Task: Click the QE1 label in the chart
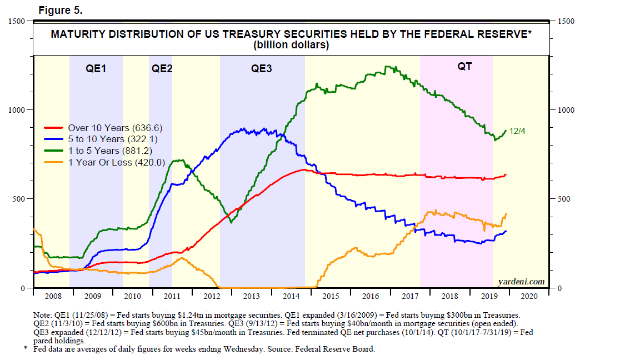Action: point(96,69)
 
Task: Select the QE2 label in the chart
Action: point(162,69)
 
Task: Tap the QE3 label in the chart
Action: point(262,69)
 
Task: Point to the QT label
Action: point(464,67)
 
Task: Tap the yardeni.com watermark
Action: point(521,282)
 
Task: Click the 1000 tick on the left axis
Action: point(18,110)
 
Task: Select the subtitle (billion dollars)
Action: point(291,45)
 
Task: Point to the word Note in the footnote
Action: point(43,315)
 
